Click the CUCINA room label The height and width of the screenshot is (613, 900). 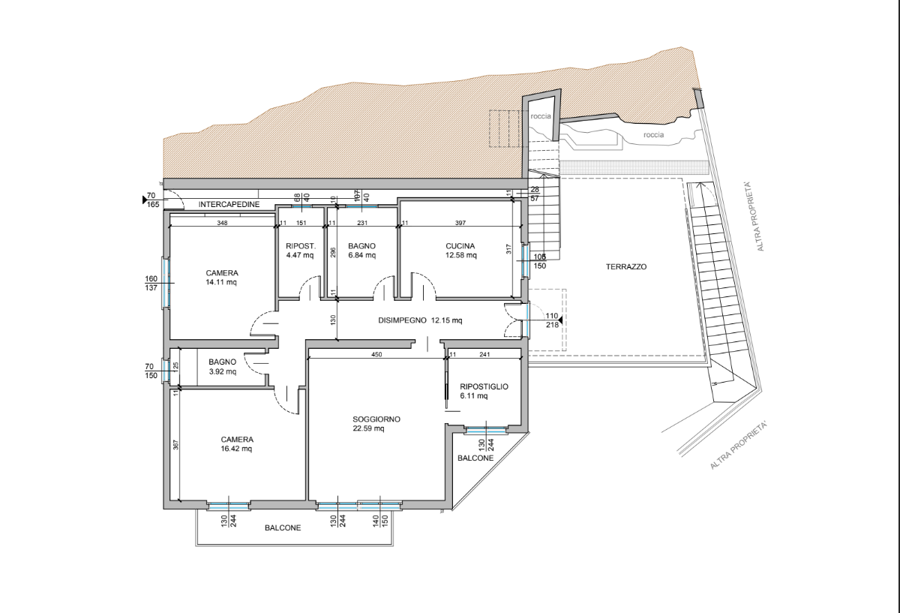(460, 246)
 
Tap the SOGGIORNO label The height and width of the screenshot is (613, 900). (376, 419)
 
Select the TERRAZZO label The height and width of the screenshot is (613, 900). (626, 266)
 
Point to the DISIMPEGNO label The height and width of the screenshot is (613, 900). (402, 320)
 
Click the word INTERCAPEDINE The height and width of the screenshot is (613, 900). (229, 204)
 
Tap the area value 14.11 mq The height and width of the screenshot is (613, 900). (221, 282)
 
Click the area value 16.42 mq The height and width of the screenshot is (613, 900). (236, 449)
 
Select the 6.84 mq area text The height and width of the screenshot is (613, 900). (362, 255)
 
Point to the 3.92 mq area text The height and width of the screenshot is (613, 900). (223, 372)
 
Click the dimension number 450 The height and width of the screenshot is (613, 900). (376, 355)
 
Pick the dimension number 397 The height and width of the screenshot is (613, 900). (460, 223)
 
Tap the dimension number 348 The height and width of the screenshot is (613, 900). (222, 223)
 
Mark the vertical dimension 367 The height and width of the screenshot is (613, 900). (175, 445)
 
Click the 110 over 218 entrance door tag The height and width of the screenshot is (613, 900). (552, 320)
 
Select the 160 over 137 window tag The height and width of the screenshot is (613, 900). (151, 283)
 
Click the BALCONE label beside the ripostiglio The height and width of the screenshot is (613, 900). (475, 458)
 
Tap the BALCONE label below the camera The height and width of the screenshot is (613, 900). (283, 527)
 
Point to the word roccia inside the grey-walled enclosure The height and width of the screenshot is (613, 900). (541, 116)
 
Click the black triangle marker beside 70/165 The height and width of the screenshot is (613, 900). (145, 200)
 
